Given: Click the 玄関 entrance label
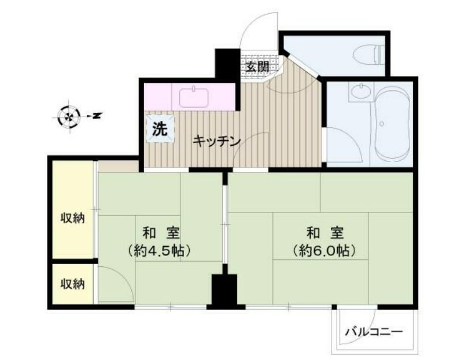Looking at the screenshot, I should point(257,67).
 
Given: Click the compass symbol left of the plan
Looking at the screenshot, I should point(69,116).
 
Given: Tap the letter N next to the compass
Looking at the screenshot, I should point(97,116).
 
